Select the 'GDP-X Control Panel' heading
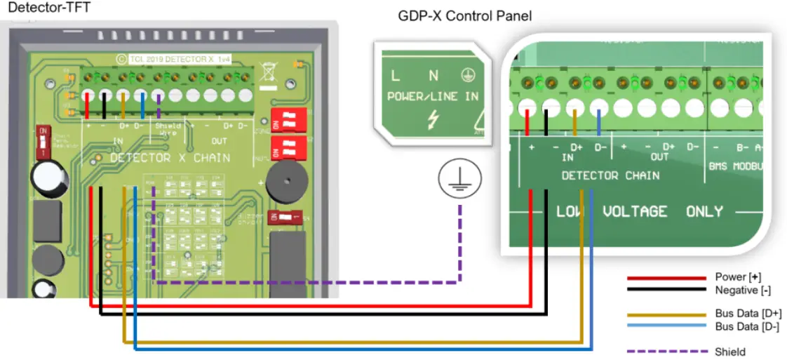[465, 15]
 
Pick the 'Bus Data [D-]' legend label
[747, 326]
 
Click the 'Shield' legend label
[729, 351]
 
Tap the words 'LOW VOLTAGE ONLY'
[639, 211]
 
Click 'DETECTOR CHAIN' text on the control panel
[610, 175]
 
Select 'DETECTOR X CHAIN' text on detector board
[170, 158]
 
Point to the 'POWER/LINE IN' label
[433, 96]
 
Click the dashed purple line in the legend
[666, 351]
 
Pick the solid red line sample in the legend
[666, 278]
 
